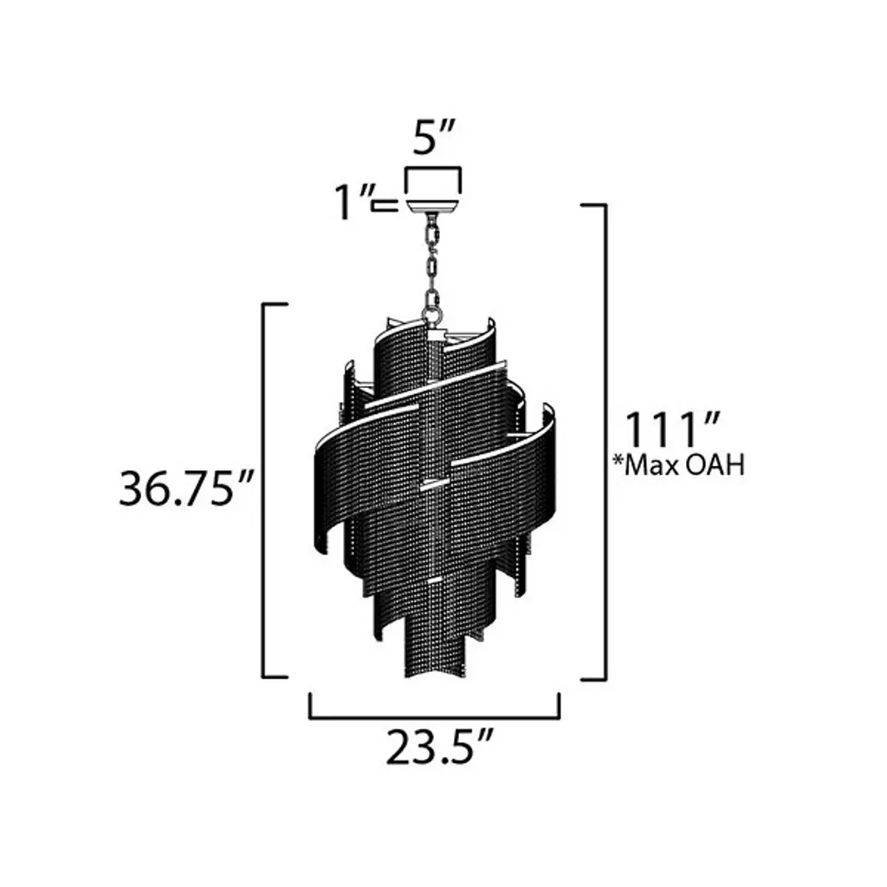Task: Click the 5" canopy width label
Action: pos(433,138)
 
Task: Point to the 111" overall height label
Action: pos(672,431)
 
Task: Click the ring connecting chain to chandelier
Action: pos(432,313)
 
